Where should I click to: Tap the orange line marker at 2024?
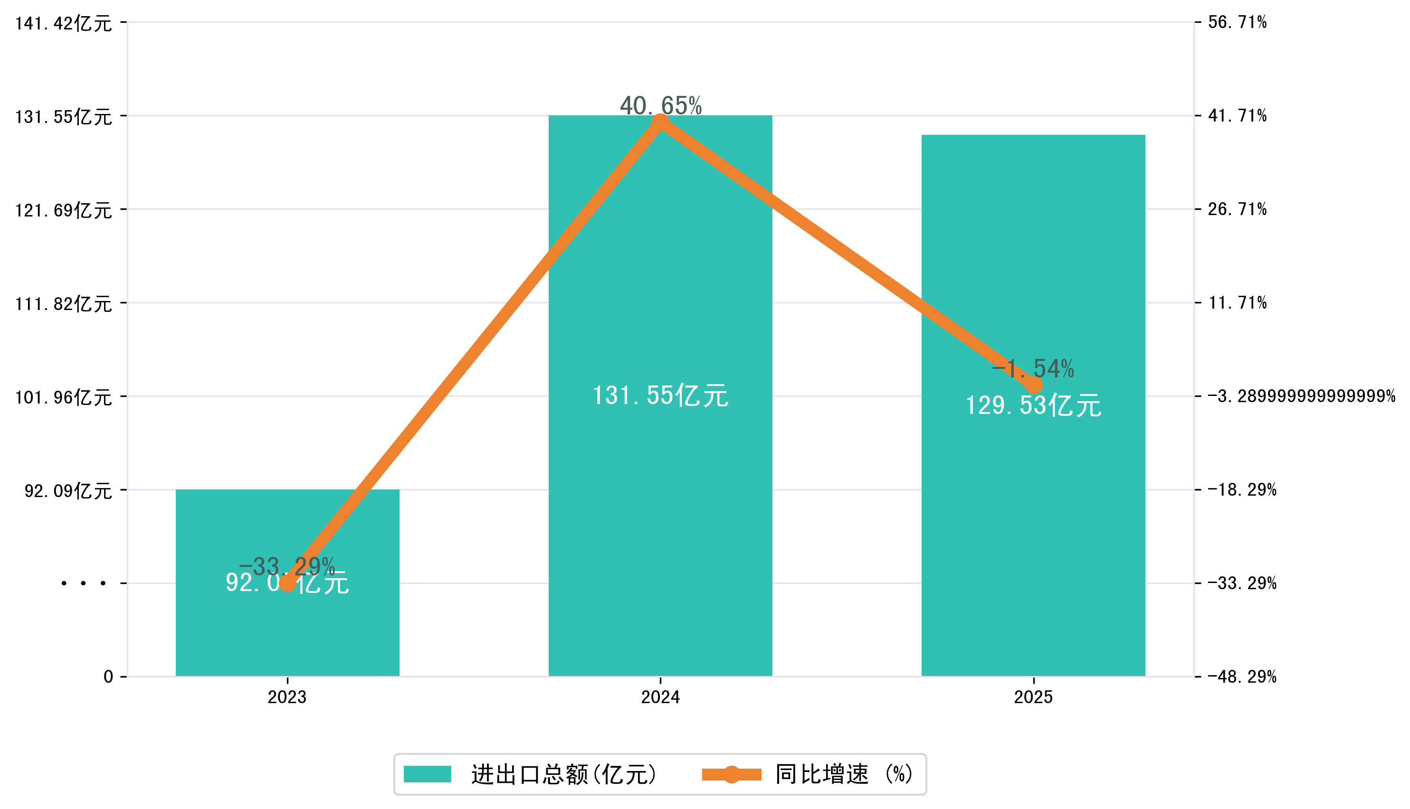click(x=660, y=122)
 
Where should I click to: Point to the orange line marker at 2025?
click(x=1034, y=385)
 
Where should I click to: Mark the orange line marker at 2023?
click(x=287, y=583)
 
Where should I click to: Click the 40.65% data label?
click(x=660, y=105)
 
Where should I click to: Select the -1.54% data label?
click(x=1033, y=368)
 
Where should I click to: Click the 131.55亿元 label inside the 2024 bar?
click(x=660, y=395)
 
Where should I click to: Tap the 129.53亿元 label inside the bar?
click(x=1033, y=405)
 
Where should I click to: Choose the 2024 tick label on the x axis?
click(x=660, y=697)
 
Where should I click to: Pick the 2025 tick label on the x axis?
click(x=1033, y=697)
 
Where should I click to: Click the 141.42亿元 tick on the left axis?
click(x=63, y=23)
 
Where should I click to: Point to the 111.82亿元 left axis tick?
click(x=63, y=304)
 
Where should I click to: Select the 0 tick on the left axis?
click(x=108, y=677)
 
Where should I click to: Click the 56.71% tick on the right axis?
click(x=1238, y=22)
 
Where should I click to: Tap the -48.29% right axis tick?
click(x=1242, y=677)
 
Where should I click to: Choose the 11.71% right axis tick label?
click(x=1238, y=303)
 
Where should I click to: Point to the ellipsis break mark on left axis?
click(x=84, y=583)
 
